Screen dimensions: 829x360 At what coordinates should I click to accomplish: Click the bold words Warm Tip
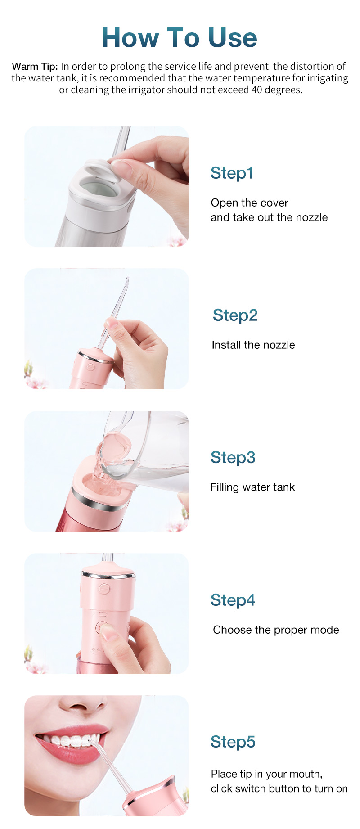35,67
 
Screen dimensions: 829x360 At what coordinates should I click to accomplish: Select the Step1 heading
232,173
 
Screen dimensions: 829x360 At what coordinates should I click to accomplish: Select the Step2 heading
235,315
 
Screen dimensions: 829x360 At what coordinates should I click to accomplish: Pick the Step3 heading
233,457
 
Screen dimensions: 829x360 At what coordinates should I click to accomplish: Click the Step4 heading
233,600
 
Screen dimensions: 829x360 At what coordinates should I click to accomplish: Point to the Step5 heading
233,742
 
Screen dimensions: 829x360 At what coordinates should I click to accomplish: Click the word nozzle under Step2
279,345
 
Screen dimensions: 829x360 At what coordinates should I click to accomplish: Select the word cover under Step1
274,203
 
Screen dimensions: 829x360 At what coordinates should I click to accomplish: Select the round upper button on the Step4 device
104,588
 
